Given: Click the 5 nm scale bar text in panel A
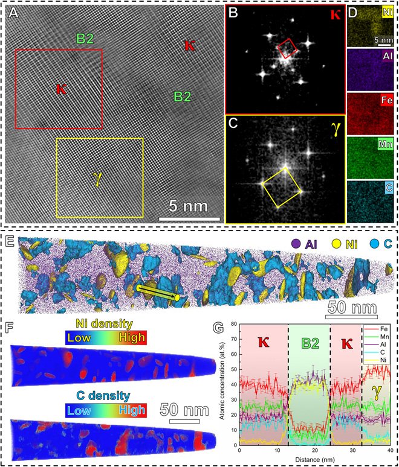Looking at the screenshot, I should (x=189, y=206).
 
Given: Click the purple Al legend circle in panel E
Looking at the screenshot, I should (x=294, y=245).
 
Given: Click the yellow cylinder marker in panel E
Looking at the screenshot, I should (x=157, y=293).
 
